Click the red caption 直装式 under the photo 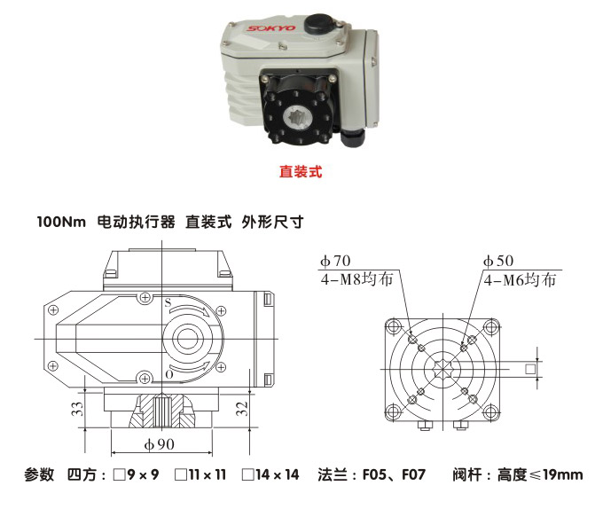pyautogui.click(x=300, y=171)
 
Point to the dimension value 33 pyautogui.click(x=77, y=409)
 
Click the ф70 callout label pyautogui.click(x=336, y=261)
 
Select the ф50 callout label pyautogui.click(x=498, y=261)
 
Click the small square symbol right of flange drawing pyautogui.click(x=530, y=368)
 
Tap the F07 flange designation pyautogui.click(x=413, y=475)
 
